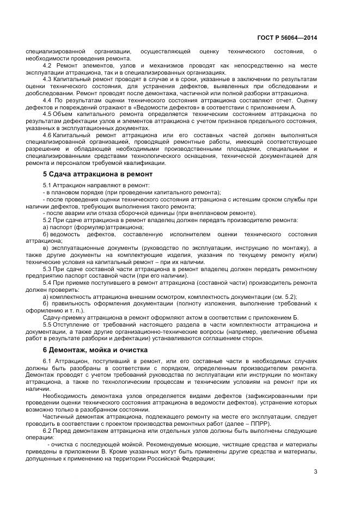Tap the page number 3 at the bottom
tap(315, 471)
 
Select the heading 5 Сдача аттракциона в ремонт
tap(97, 174)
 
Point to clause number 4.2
tap(47, 65)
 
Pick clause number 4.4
tap(47, 101)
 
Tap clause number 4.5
tap(47, 115)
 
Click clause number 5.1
tap(47, 186)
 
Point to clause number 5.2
tap(47, 220)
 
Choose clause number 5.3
tap(47, 269)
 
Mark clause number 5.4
tap(47, 284)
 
